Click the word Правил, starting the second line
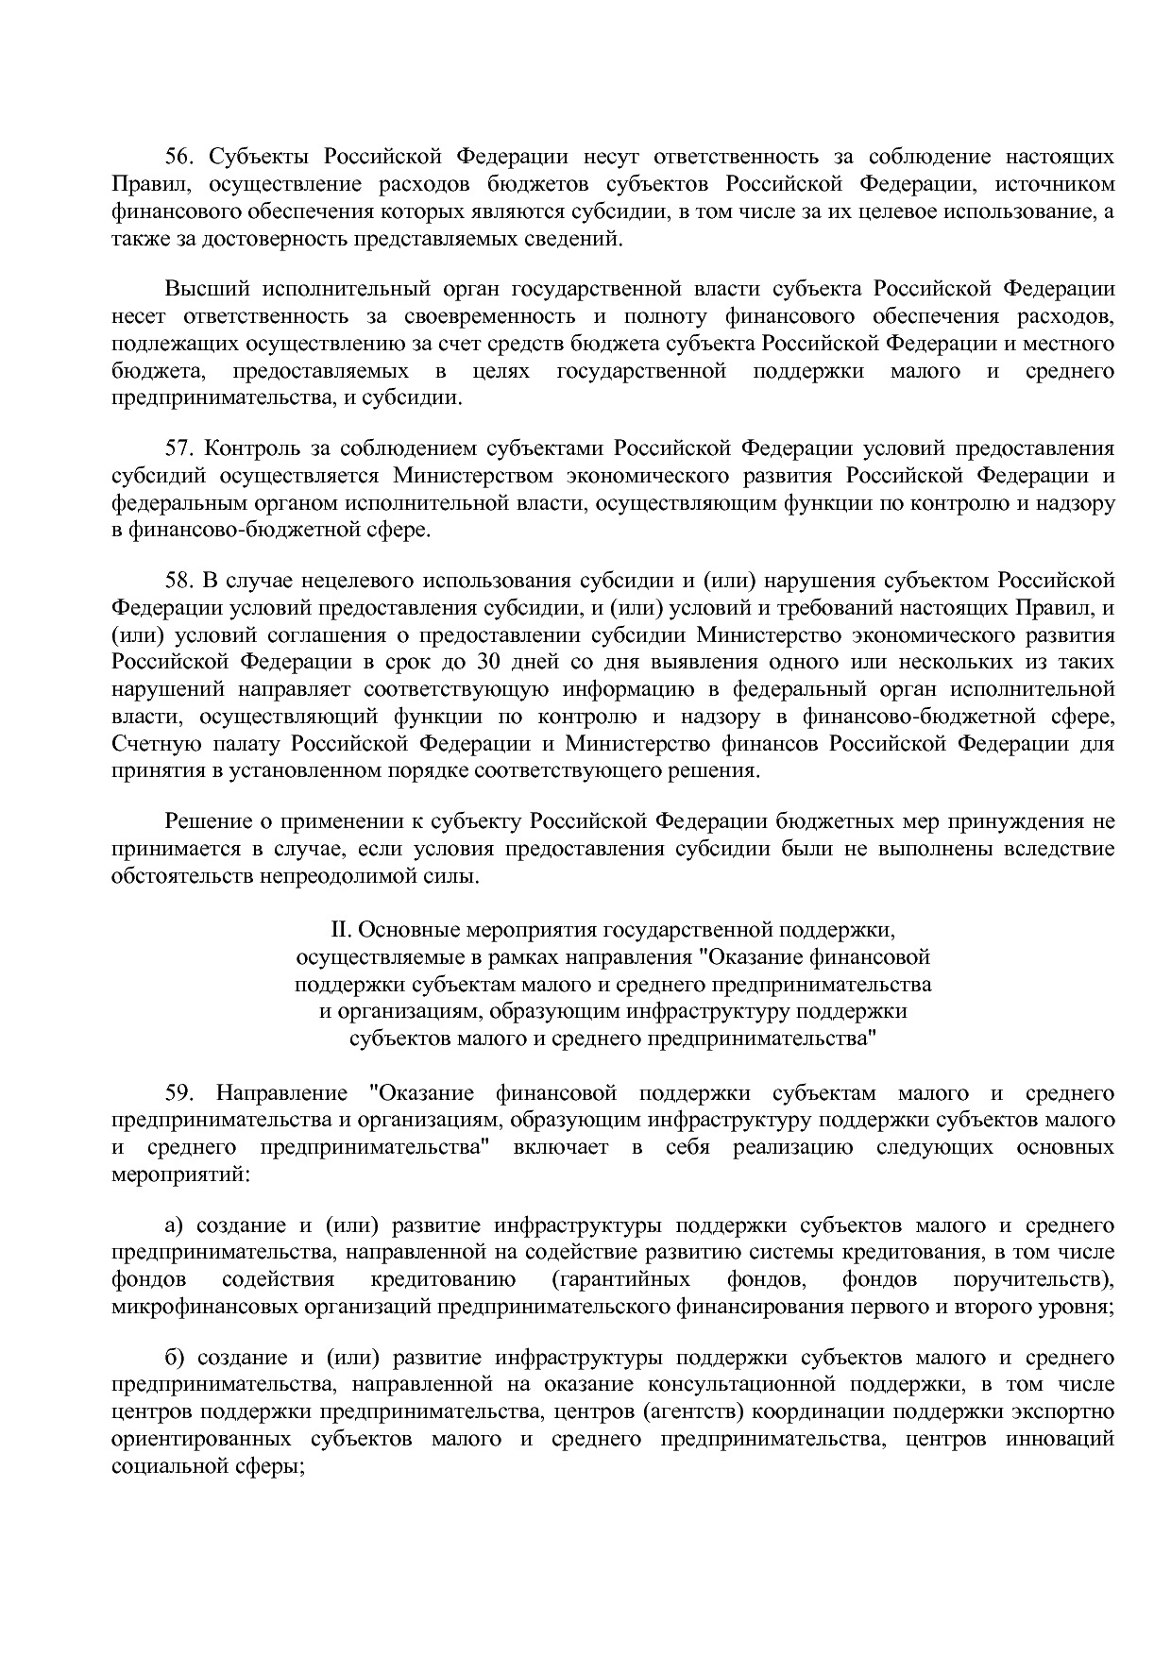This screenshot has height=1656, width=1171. click(x=142, y=183)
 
